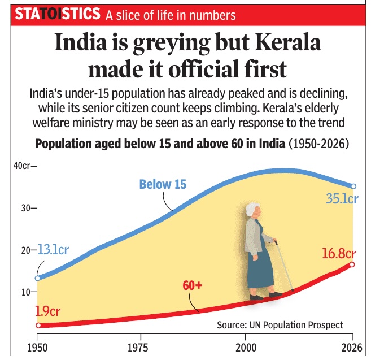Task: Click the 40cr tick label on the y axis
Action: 22,166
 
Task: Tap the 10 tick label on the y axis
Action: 25,292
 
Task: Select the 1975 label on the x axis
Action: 138,348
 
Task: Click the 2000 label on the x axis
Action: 246,348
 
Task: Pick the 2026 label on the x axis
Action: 352,348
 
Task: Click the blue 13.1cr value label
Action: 53,250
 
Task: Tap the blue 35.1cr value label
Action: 342,198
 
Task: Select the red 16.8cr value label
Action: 339,254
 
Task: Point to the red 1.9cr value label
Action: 47,311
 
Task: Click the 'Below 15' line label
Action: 163,184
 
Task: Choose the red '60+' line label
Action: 193,285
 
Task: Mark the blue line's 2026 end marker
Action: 353,186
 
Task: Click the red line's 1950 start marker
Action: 38,326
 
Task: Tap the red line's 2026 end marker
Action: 352,264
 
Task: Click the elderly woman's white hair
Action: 252,209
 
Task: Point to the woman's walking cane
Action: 284,266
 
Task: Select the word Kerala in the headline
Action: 288,42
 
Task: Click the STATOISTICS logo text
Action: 58,14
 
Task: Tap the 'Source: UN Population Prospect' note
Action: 280,325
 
